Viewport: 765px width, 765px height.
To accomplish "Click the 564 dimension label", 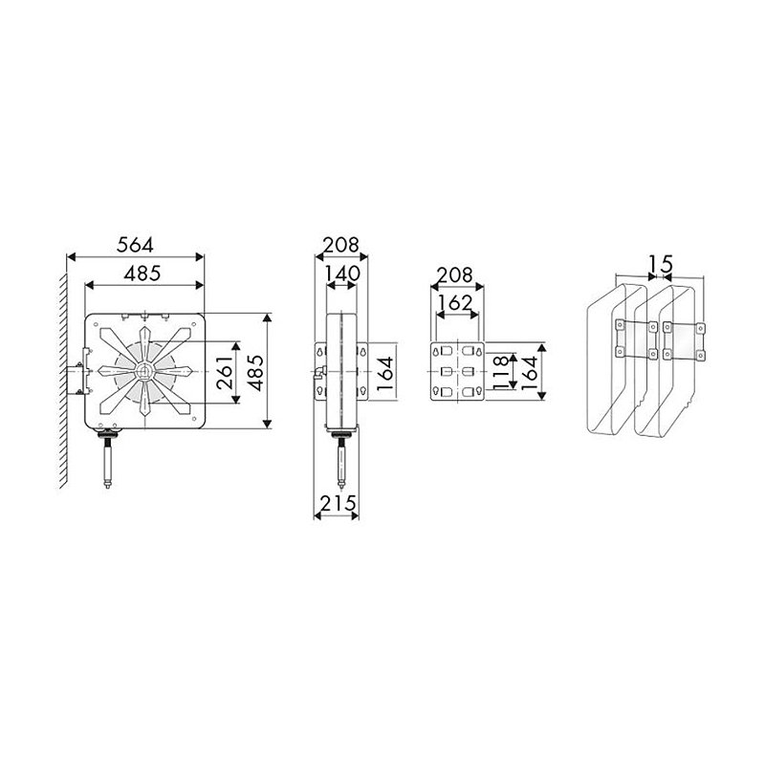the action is [135, 245].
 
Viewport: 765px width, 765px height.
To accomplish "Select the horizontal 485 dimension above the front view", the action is [142, 273].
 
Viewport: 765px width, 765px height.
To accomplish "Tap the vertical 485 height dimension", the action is [255, 373].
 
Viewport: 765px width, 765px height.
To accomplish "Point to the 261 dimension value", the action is [225, 373].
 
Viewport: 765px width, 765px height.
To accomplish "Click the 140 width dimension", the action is [342, 273].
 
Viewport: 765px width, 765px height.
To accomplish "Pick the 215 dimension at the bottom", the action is [338, 503].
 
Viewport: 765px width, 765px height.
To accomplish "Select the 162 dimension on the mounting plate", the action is [455, 303].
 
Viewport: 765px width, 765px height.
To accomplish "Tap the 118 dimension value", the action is [501, 373].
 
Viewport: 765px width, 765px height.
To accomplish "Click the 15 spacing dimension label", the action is [661, 265].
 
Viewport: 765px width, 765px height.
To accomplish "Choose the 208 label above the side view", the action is [341, 245].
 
